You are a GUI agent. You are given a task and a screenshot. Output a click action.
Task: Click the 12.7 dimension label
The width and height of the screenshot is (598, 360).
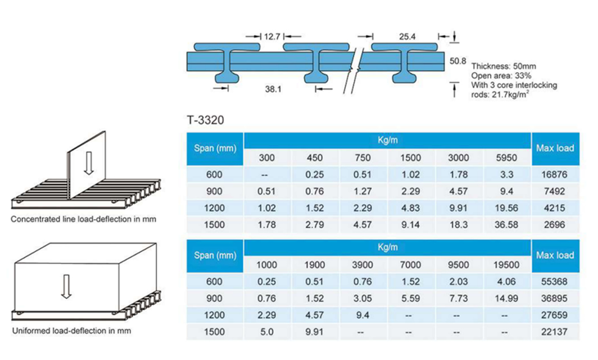tap(272, 37)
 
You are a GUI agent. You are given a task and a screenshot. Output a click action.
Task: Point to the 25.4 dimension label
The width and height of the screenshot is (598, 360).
tap(408, 37)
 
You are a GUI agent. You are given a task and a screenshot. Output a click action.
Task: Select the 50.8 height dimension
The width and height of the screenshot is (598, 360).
tap(458, 61)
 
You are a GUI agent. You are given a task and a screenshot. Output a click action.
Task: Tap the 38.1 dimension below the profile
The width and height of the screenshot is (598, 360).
tap(273, 89)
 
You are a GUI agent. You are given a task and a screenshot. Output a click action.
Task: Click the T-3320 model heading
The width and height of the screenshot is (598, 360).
tap(205, 120)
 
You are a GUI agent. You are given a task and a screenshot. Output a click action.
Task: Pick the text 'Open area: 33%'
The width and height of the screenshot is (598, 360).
tap(501, 76)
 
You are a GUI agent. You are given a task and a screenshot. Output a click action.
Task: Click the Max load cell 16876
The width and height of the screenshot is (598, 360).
tap(555, 175)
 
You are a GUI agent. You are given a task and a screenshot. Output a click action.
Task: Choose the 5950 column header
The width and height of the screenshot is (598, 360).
tap(506, 158)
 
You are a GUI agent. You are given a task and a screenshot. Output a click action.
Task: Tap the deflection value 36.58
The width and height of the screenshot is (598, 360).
tap(506, 225)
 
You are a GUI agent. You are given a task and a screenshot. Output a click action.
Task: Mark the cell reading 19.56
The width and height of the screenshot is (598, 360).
tap(506, 208)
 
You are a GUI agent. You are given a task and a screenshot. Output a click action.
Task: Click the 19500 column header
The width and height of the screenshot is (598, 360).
tap(506, 265)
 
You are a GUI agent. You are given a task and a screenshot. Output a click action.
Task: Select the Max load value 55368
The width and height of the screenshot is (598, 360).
tap(555, 282)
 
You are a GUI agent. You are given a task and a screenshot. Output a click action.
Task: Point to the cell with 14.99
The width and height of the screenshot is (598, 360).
tap(506, 298)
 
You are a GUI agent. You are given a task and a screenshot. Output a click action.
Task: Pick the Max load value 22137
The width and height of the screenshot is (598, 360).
tap(555, 332)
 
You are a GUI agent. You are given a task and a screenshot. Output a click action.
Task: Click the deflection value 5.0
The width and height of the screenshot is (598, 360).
tap(267, 332)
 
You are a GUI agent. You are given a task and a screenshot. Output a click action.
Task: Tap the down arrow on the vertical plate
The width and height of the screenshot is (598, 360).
tap(88, 163)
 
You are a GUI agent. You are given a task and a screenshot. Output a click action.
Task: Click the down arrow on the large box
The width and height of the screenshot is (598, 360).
tap(67, 286)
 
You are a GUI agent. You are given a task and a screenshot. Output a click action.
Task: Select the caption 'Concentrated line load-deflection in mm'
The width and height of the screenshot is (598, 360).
tap(84, 219)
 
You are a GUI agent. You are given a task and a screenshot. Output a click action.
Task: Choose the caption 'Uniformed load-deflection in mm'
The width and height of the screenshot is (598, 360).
tap(71, 331)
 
